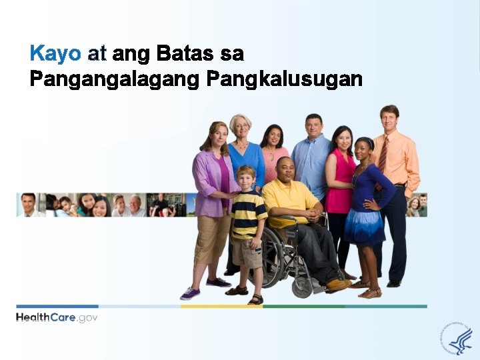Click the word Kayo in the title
tap(55, 53)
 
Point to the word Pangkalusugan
tap(285, 79)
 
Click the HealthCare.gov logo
tap(57, 317)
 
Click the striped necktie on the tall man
tap(383, 153)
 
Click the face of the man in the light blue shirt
tap(314, 125)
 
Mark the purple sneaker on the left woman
tap(190, 293)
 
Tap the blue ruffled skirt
tap(363, 227)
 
